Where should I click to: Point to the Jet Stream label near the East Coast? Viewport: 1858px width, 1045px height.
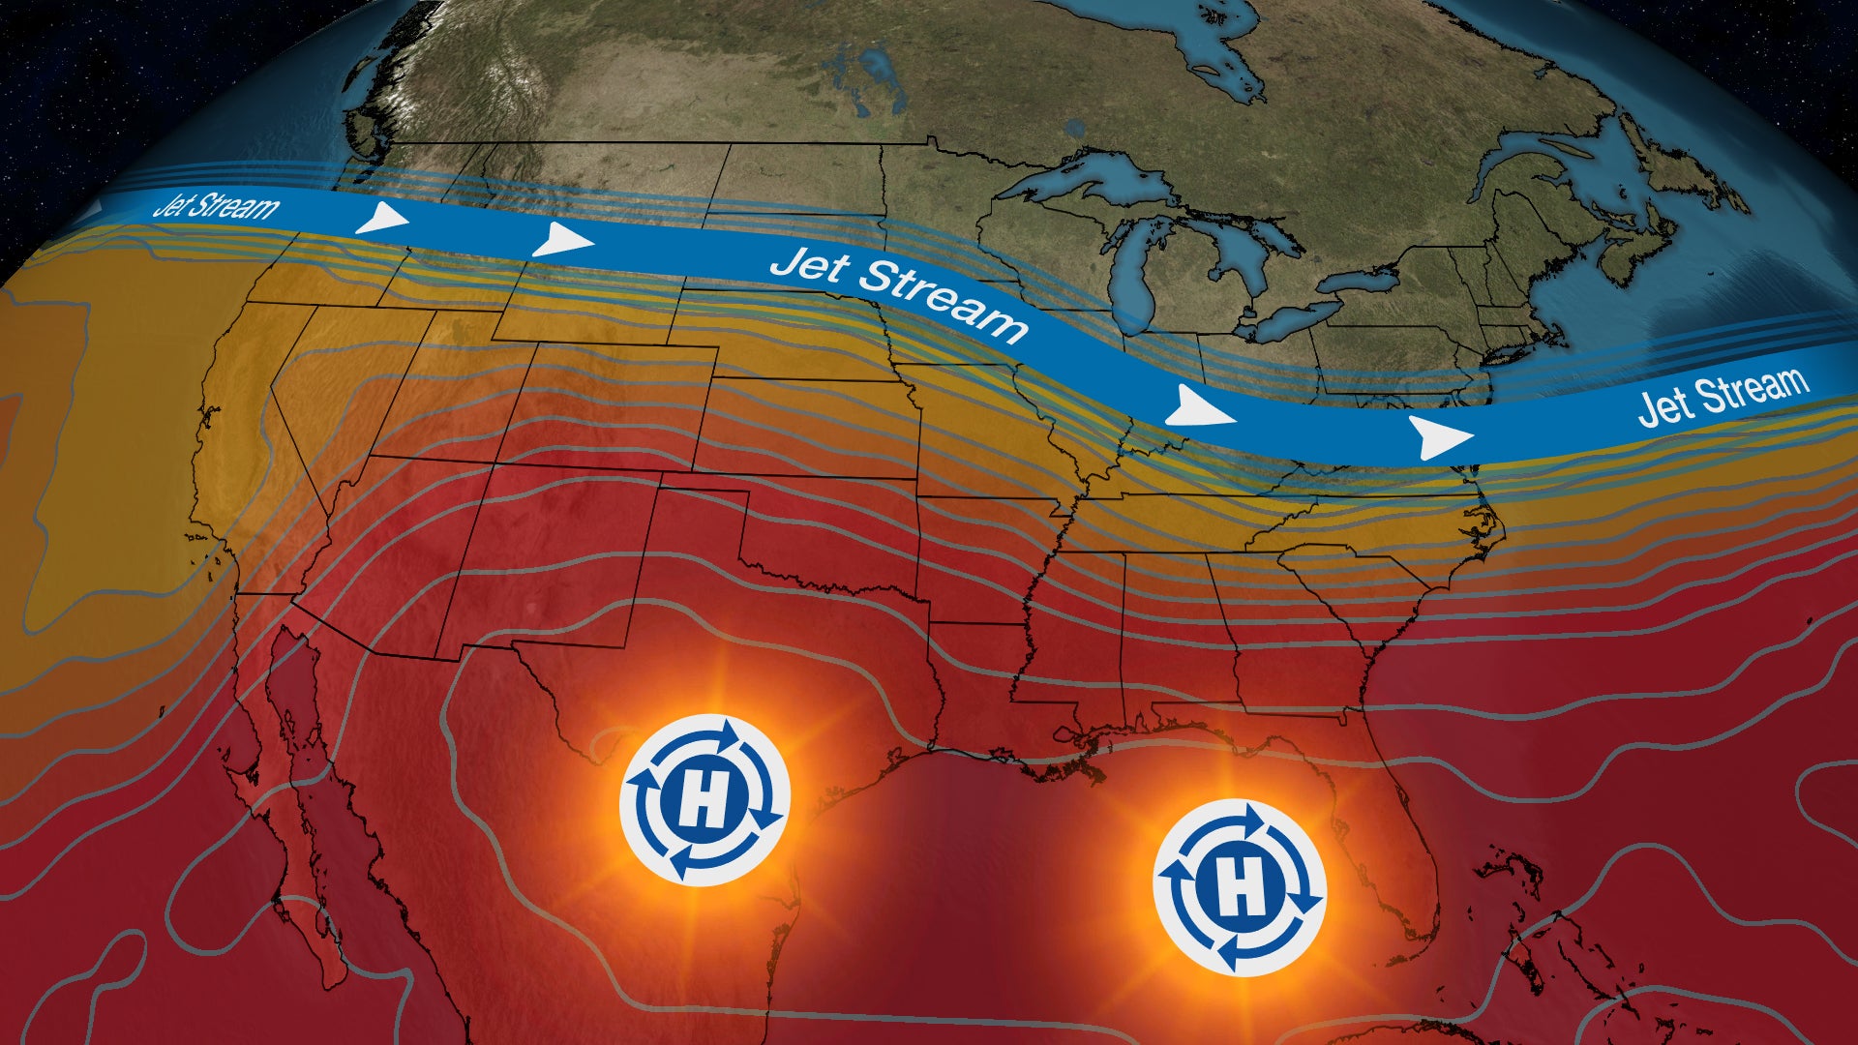(x=1723, y=395)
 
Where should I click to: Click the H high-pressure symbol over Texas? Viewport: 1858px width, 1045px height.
(x=704, y=799)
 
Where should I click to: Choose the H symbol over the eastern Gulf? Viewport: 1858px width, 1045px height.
(x=1240, y=887)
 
